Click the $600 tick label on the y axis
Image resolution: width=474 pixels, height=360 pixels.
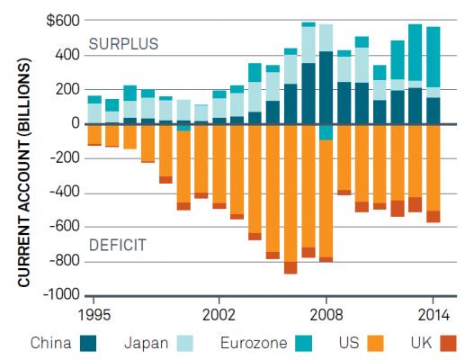(63, 22)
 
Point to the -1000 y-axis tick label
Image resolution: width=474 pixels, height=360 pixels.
(61, 294)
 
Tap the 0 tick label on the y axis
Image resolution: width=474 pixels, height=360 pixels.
(76, 123)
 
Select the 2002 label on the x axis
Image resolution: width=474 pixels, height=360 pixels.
(219, 315)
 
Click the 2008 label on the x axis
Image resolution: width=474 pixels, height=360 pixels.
(326, 315)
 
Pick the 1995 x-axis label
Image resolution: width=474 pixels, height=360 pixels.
(94, 315)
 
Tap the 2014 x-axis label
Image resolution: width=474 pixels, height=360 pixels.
(434, 315)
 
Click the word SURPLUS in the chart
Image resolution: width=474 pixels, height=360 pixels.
(123, 44)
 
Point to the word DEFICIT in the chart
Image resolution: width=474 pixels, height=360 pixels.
(118, 245)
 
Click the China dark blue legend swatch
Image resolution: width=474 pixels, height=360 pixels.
(88, 344)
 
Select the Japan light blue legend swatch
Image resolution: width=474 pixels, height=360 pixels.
(184, 344)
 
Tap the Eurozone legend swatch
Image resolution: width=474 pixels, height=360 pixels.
(303, 344)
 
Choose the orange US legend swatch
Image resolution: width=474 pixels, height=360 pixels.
(375, 344)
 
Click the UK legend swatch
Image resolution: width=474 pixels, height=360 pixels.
(448, 344)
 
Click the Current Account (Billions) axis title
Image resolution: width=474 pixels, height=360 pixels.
(24, 173)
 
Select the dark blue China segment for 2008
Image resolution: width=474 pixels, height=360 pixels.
(326, 87)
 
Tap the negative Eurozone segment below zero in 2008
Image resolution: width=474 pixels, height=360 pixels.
(326, 132)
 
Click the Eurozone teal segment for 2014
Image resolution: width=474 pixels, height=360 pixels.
(434, 58)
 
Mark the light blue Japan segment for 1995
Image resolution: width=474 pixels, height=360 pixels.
(94, 113)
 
